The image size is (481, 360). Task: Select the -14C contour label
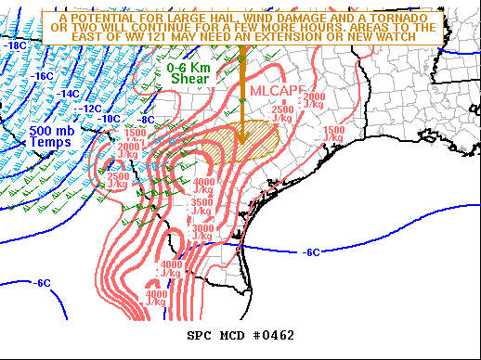(x=69, y=94)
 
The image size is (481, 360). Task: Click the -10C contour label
(x=110, y=119)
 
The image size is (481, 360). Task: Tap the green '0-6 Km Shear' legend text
(x=190, y=73)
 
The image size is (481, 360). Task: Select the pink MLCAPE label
(x=277, y=90)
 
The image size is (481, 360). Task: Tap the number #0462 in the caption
(x=272, y=335)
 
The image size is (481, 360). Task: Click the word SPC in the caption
(x=199, y=335)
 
